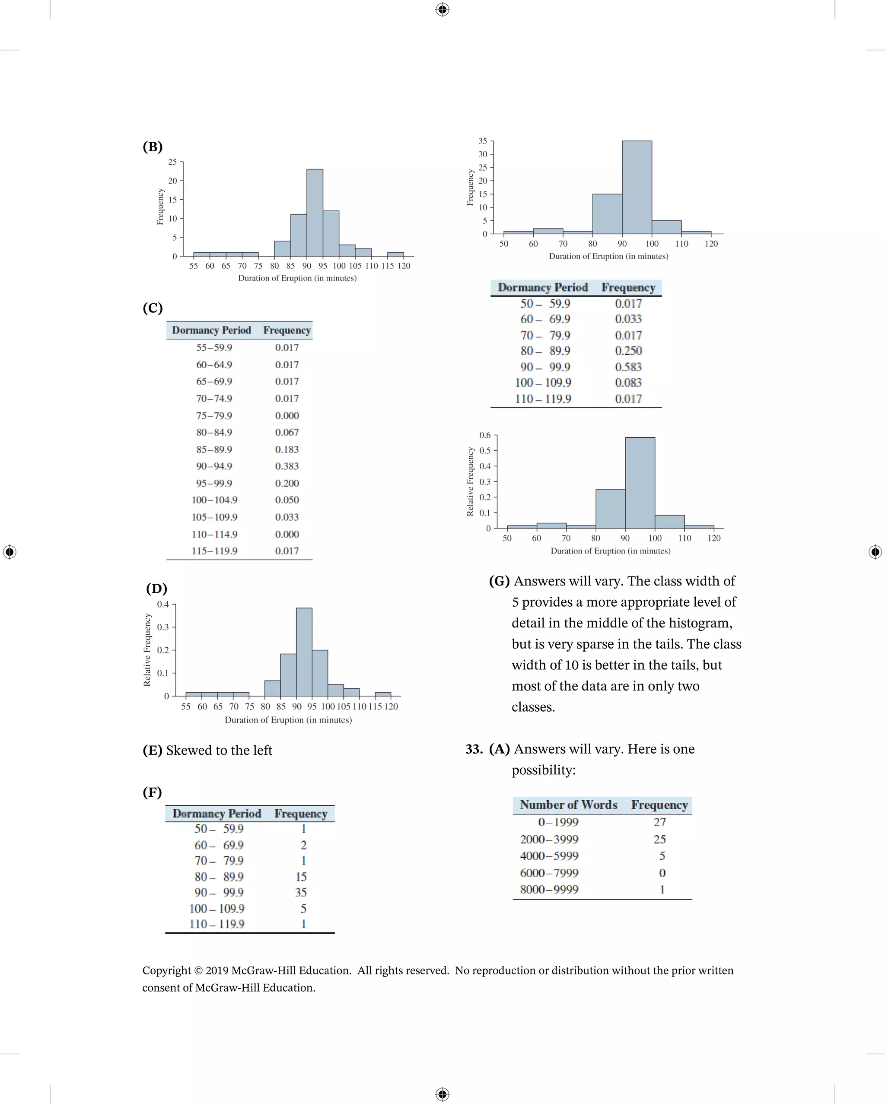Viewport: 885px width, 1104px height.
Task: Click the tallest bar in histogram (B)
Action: point(315,213)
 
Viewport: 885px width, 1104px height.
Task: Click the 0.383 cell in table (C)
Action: point(287,466)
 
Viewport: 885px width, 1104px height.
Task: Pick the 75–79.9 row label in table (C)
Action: point(214,415)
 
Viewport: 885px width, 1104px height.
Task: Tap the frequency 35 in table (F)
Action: point(301,892)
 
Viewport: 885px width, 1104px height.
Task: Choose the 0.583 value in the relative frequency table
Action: point(628,367)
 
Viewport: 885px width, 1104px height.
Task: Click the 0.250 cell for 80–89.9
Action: point(628,351)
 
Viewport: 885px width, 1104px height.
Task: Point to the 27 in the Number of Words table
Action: point(660,822)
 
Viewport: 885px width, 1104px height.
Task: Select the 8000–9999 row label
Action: point(549,889)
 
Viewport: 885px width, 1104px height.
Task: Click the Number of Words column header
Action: point(569,805)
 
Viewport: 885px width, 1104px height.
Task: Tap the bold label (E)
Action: point(152,750)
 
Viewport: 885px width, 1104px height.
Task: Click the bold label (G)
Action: point(500,581)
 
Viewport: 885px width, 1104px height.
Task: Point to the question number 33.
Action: point(474,749)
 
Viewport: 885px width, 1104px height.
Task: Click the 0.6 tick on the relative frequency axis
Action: point(484,435)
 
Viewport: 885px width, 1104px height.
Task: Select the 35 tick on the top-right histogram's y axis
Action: point(482,141)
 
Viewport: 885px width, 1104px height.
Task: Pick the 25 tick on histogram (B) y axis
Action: point(172,162)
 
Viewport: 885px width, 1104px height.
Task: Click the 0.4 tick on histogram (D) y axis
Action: point(163,604)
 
